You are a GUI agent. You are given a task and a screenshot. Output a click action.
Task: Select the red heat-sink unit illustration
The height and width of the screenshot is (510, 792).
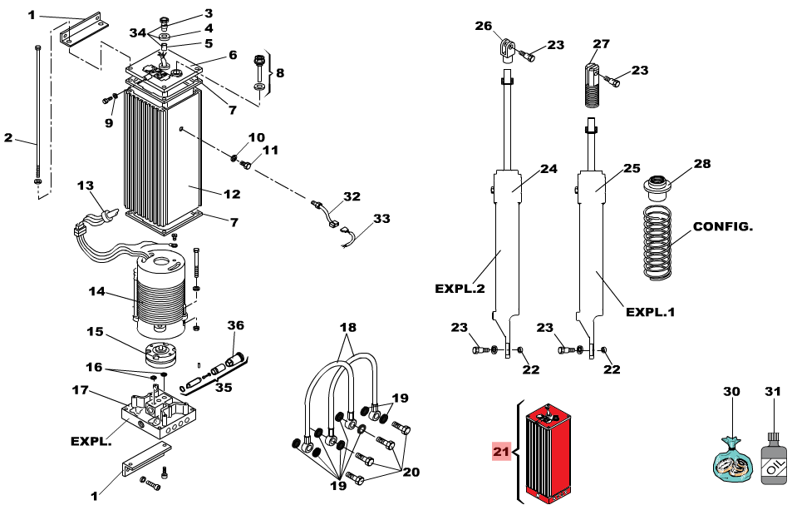(x=550, y=453)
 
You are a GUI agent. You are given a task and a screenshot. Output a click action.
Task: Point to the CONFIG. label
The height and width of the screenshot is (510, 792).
(x=723, y=226)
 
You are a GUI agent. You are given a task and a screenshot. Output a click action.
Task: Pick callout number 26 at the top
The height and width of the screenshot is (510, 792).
(x=484, y=26)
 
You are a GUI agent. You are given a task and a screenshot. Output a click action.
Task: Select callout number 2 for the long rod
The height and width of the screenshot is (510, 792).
(x=8, y=138)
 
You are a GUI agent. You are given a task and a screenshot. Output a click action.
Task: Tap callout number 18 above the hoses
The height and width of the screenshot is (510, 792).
(x=347, y=329)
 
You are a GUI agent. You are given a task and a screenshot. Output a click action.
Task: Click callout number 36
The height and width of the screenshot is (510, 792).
(x=236, y=325)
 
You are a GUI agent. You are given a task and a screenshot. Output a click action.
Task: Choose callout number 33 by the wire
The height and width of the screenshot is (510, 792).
(x=381, y=220)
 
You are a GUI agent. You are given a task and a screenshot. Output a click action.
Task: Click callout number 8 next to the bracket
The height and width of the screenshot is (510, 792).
(x=279, y=73)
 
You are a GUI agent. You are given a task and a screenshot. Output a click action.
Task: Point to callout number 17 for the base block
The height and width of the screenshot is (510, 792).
(x=80, y=389)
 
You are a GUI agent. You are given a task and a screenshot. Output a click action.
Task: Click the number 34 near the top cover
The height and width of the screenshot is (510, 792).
(x=138, y=32)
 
